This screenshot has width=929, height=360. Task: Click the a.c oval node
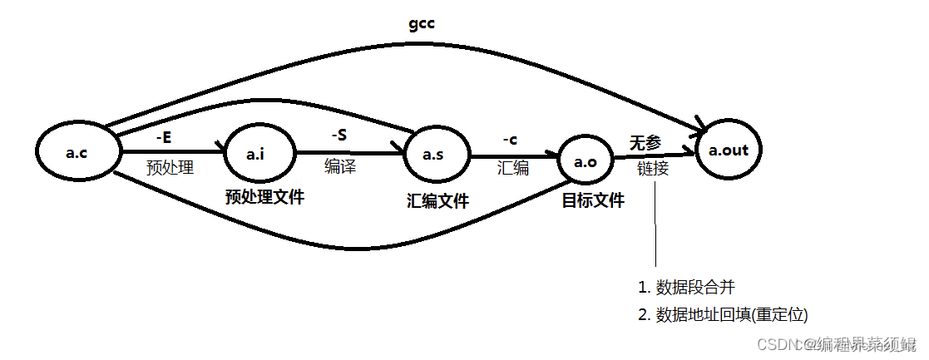click(x=77, y=152)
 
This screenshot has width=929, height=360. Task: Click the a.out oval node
click(x=728, y=151)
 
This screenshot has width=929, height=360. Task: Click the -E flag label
click(x=165, y=136)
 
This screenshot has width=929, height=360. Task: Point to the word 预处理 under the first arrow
click(x=170, y=168)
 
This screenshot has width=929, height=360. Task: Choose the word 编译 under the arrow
click(x=339, y=167)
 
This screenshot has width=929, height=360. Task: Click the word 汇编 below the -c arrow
click(x=513, y=169)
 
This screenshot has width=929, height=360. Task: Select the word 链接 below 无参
click(x=653, y=169)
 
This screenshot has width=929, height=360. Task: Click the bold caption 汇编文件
click(x=437, y=200)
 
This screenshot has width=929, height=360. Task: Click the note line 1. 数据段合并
click(x=687, y=288)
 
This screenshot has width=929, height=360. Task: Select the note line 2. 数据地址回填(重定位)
click(x=723, y=314)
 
